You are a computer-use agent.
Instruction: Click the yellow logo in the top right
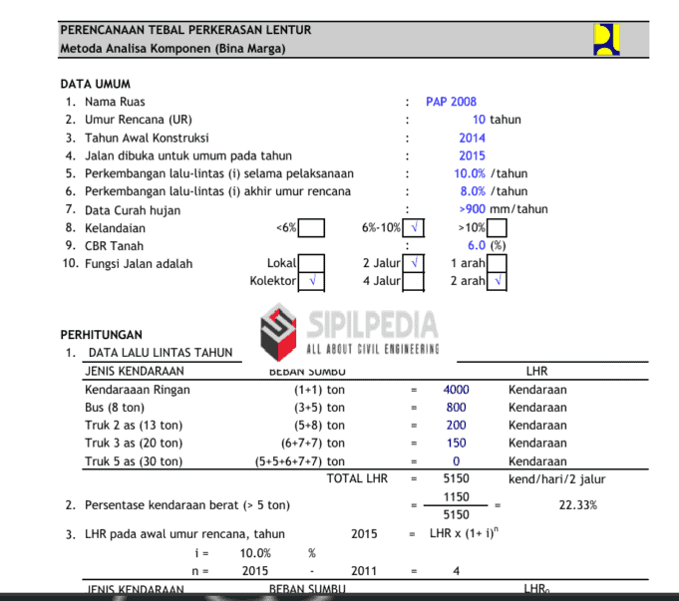(x=606, y=39)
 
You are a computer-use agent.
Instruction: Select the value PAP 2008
(x=451, y=102)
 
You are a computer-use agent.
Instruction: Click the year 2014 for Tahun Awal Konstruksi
(x=472, y=138)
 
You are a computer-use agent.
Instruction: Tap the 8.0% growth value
(x=473, y=191)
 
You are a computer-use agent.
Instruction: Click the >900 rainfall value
(x=473, y=209)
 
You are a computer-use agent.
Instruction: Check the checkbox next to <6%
(x=311, y=228)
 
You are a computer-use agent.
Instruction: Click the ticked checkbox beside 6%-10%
(x=414, y=228)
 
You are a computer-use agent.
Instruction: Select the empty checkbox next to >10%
(x=498, y=228)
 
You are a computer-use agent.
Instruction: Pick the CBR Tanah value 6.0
(x=476, y=245)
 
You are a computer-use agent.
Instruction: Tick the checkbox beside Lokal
(x=311, y=264)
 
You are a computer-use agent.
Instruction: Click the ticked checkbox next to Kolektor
(x=311, y=281)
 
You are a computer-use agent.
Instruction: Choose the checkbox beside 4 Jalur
(x=414, y=281)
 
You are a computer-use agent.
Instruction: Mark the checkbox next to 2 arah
(x=498, y=281)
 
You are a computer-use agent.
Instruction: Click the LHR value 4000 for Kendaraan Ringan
(x=456, y=390)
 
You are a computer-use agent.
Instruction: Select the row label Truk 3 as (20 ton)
(x=134, y=444)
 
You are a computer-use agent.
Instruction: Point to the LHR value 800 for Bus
(x=456, y=408)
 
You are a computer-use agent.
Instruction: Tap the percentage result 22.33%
(x=577, y=505)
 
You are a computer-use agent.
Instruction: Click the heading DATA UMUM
(x=95, y=84)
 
